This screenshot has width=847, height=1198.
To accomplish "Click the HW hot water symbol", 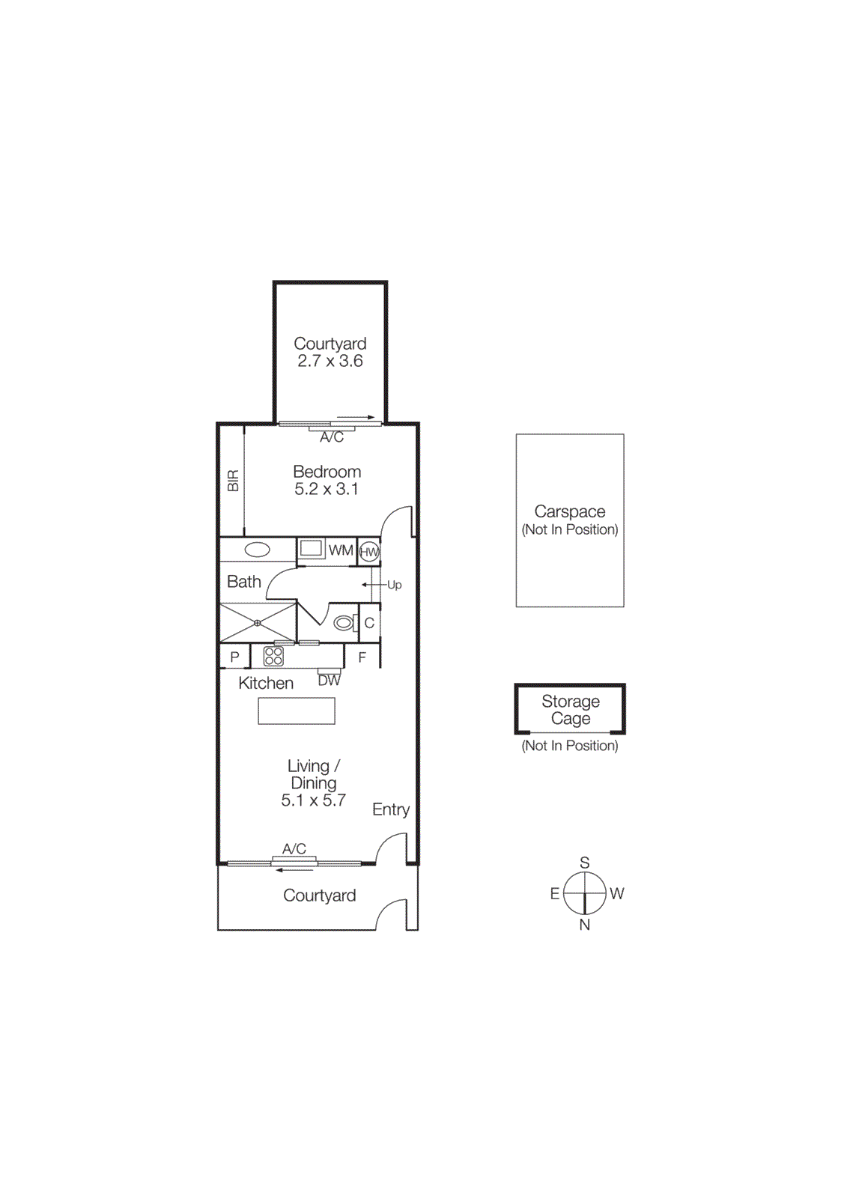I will (368, 553).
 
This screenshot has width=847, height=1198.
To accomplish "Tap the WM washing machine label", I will (341, 550).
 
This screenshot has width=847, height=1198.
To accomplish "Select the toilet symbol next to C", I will (344, 623).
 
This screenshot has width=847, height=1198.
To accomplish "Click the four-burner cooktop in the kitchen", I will (273, 657).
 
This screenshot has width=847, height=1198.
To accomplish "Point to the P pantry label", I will (234, 657).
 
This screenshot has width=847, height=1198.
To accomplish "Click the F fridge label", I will (362, 658).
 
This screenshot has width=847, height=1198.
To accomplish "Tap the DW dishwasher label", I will (329, 681).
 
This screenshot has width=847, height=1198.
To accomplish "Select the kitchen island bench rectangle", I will (297, 711).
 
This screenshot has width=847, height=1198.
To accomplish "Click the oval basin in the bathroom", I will (257, 550).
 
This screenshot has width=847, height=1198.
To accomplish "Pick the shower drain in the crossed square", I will (257, 623).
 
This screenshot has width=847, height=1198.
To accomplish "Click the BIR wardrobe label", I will (233, 481).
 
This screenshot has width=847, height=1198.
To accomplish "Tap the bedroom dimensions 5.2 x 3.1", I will (327, 490).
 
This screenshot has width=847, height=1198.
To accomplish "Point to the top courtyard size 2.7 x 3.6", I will (330, 361).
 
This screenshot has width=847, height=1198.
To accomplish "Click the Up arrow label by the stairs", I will (394, 585).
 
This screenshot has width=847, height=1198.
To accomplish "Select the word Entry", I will (390, 809).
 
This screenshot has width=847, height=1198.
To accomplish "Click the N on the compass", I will (585, 925).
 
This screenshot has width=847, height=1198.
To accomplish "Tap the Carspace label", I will (569, 511).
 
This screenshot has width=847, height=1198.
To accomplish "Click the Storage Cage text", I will (571, 710).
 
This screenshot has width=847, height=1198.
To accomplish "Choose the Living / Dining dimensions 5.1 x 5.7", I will (313, 800).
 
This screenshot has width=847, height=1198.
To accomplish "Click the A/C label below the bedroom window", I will (332, 437).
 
